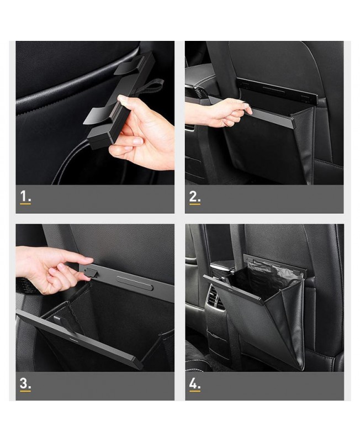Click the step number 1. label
(25, 196)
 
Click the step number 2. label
(195, 196)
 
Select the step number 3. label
(25, 383)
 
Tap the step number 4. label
(195, 383)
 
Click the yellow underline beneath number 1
(25, 203)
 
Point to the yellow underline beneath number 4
(195, 391)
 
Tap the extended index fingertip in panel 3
(89, 260)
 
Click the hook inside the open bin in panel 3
(59, 320)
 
